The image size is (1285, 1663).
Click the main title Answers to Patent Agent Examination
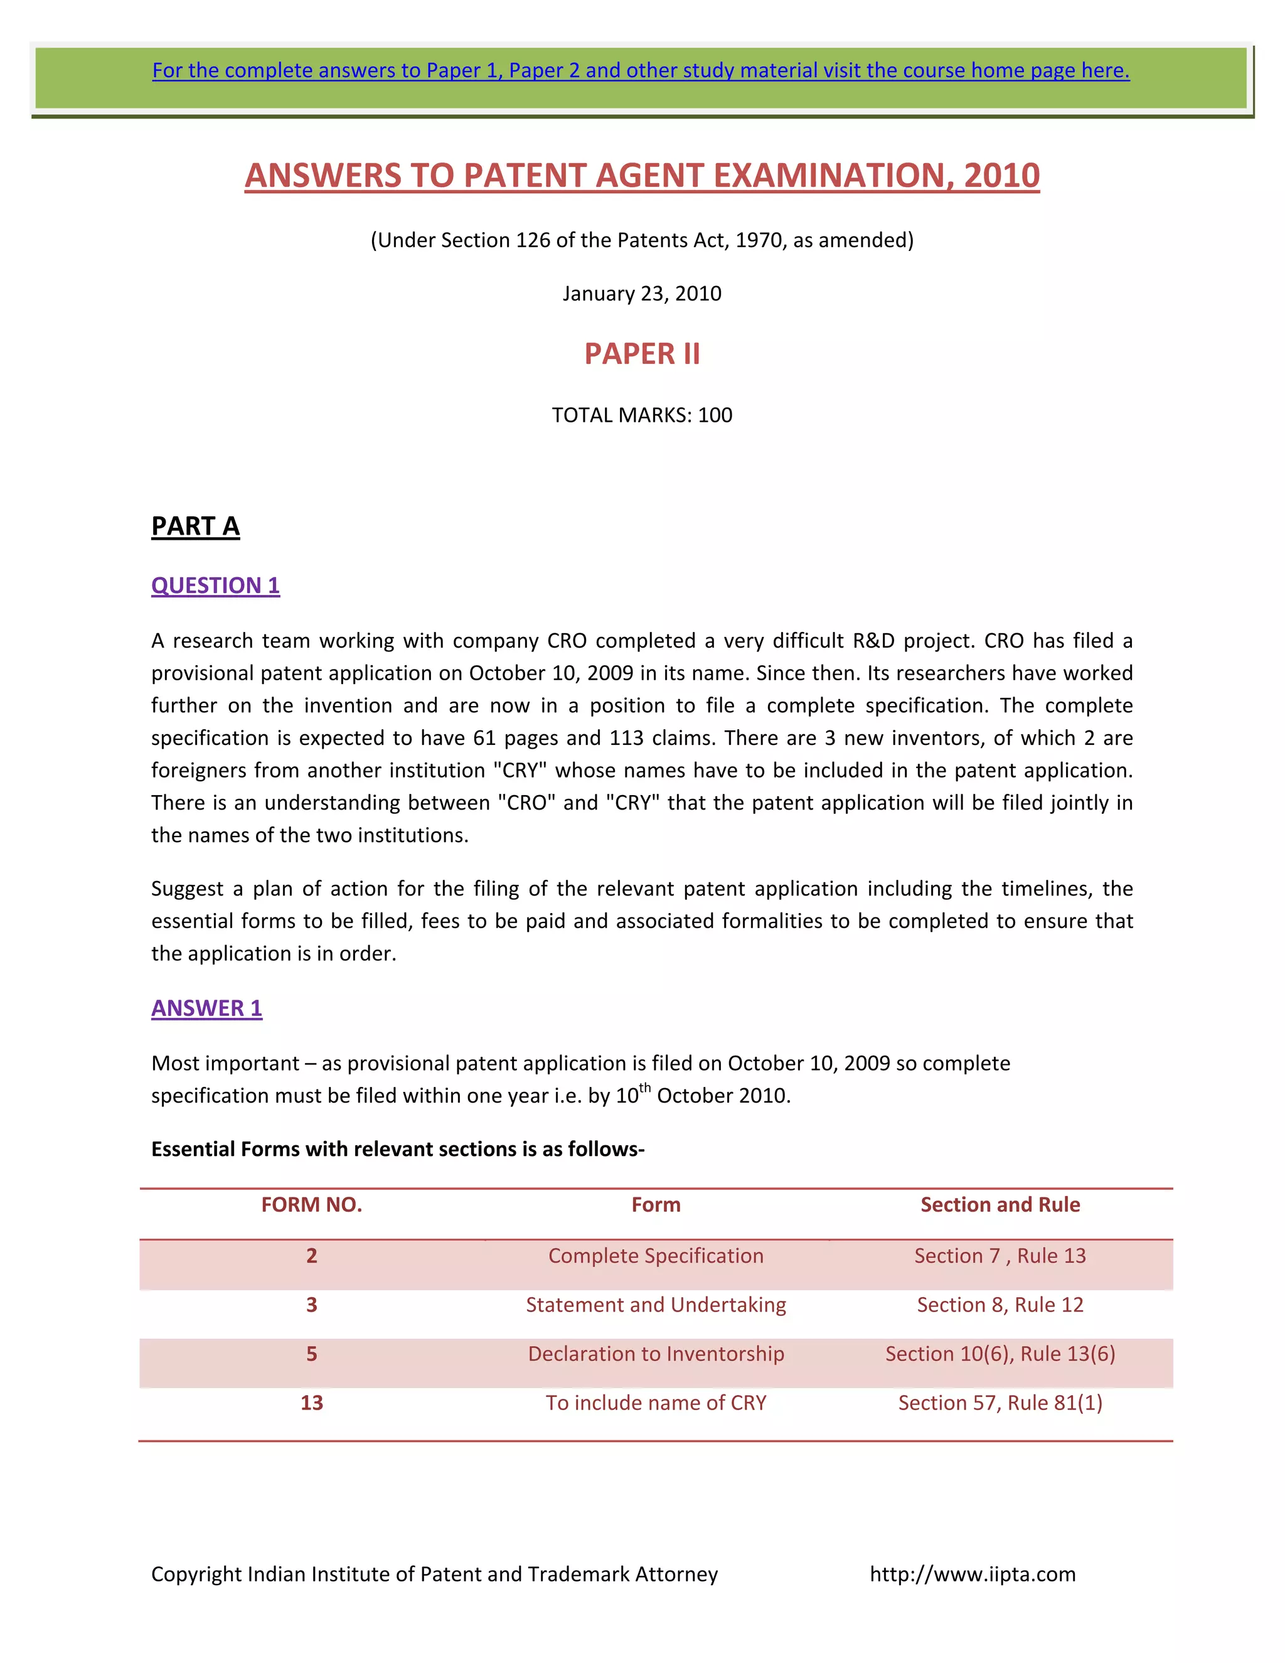[x=642, y=175]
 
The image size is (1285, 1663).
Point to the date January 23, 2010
[x=642, y=294]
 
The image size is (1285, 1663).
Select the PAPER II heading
[x=642, y=354]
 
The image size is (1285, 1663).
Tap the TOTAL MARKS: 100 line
[x=642, y=415]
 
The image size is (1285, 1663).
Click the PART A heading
[x=196, y=526]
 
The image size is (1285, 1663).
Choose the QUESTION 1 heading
[x=215, y=586]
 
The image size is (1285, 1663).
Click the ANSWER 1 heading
[x=207, y=1008]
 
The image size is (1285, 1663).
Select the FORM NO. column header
[x=311, y=1205]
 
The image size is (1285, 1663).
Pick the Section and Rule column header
[x=1000, y=1205]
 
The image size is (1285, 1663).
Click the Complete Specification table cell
[x=656, y=1256]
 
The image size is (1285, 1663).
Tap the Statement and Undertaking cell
[x=656, y=1305]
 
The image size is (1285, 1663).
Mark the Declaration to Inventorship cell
[x=656, y=1354]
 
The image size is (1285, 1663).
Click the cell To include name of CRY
[x=656, y=1403]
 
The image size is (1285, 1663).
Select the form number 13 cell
[x=311, y=1403]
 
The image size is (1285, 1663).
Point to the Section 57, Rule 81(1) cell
[x=1000, y=1403]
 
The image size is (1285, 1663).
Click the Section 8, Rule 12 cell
[x=1000, y=1305]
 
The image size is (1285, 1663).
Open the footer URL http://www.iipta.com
[x=972, y=1574]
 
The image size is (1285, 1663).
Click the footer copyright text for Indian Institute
[x=434, y=1574]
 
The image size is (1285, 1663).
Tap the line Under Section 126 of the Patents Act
[x=642, y=240]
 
